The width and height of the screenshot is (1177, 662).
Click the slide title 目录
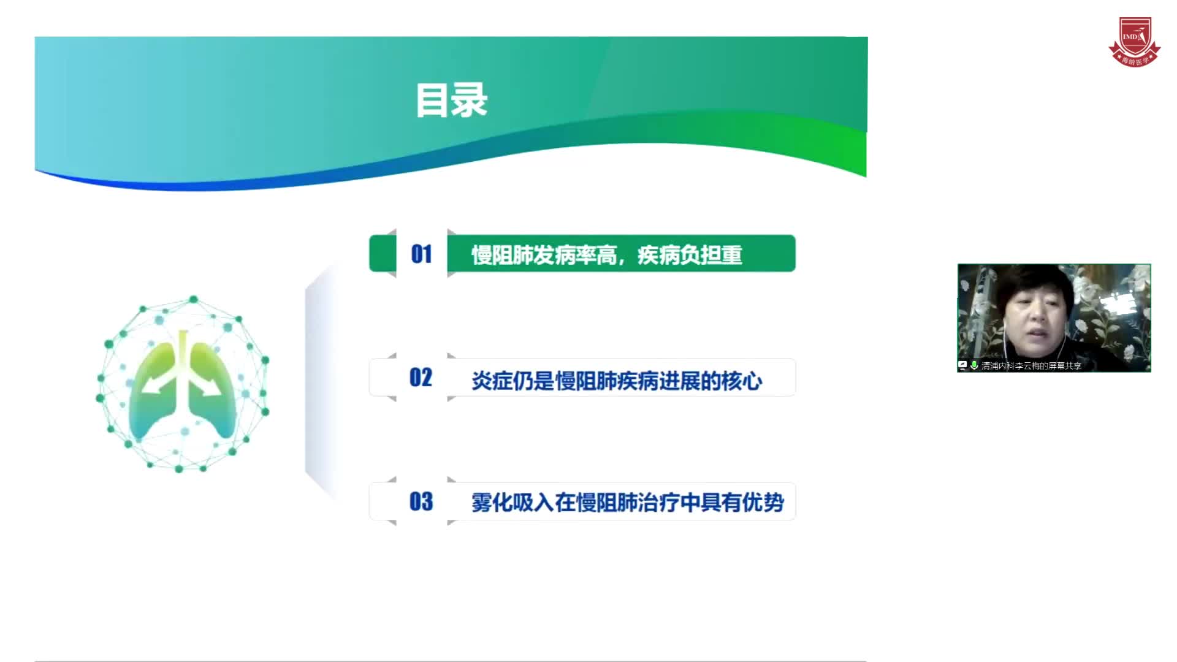(x=452, y=101)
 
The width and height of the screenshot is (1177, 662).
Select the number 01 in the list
(x=421, y=254)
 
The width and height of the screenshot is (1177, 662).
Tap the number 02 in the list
(x=421, y=378)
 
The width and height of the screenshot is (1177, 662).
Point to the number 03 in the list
(x=421, y=502)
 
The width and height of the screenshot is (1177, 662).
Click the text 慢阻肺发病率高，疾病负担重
(x=606, y=255)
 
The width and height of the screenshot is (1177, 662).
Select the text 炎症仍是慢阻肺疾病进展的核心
(x=616, y=381)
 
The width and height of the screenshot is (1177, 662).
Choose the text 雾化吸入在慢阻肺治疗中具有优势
(x=627, y=503)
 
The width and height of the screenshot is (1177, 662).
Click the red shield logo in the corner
(x=1134, y=42)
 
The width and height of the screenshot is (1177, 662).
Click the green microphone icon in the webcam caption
(x=974, y=365)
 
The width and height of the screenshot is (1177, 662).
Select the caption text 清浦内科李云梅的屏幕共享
(x=1031, y=366)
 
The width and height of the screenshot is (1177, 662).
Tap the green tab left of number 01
(x=383, y=253)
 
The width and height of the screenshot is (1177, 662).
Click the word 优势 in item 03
(x=763, y=503)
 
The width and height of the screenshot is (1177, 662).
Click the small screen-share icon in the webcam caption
(x=962, y=365)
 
